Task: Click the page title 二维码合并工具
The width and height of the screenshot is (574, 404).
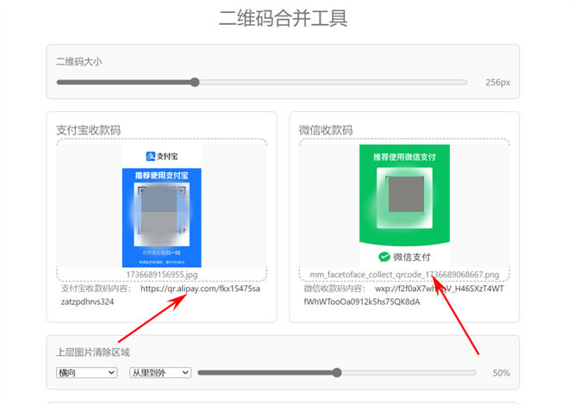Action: [x=283, y=18]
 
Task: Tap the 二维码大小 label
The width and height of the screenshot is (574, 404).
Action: [x=80, y=61]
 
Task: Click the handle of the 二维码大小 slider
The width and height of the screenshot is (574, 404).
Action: [x=195, y=83]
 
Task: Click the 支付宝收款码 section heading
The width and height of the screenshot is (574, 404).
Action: [x=89, y=130]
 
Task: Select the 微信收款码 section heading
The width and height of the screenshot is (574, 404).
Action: [x=326, y=130]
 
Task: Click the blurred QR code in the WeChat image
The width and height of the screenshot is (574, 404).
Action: [x=405, y=193]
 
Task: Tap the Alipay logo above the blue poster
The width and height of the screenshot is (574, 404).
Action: [x=161, y=156]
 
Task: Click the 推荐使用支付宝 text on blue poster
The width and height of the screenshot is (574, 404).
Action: [x=161, y=175]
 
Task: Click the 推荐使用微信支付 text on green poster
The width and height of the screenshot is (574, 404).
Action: [x=404, y=157]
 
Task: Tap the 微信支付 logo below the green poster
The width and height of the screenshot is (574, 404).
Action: [x=404, y=257]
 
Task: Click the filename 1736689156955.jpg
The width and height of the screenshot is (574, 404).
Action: [x=161, y=274]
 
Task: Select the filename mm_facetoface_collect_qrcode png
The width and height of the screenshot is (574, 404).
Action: [x=404, y=274]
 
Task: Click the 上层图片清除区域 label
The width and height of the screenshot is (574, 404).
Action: [x=93, y=351]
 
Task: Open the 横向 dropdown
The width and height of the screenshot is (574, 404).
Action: [x=86, y=372]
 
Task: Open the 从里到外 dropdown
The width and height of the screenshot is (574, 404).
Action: [x=159, y=372]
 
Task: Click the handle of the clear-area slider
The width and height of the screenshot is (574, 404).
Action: [x=337, y=372]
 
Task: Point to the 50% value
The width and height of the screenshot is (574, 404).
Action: [x=501, y=373]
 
